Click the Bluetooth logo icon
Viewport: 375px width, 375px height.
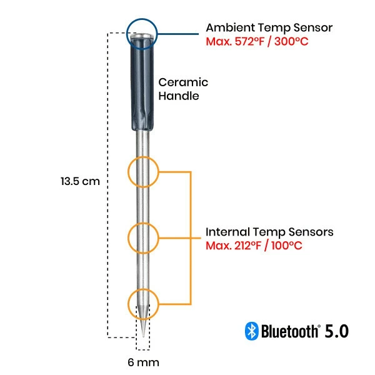(251, 331)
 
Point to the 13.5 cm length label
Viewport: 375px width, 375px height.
(80, 181)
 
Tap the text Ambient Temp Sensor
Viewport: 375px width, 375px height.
(269, 28)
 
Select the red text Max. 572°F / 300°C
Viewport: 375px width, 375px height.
(257, 42)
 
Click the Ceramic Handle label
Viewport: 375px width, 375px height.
(182, 89)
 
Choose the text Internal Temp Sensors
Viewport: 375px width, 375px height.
(269, 232)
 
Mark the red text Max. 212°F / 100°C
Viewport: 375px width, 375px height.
(254, 246)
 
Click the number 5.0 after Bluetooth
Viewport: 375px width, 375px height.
(336, 331)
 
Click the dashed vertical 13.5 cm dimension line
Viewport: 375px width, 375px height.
(109, 250)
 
